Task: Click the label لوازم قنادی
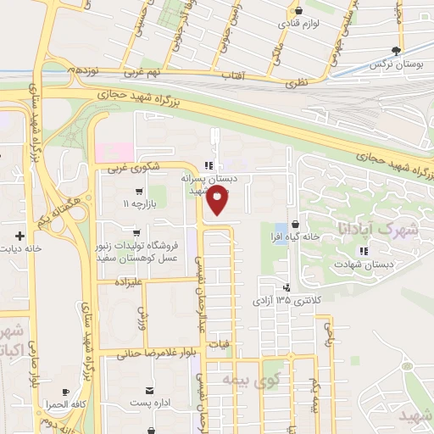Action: [299, 24]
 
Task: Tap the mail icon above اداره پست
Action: [149, 390]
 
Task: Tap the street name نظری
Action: [294, 84]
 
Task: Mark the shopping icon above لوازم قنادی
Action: [298, 10]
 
